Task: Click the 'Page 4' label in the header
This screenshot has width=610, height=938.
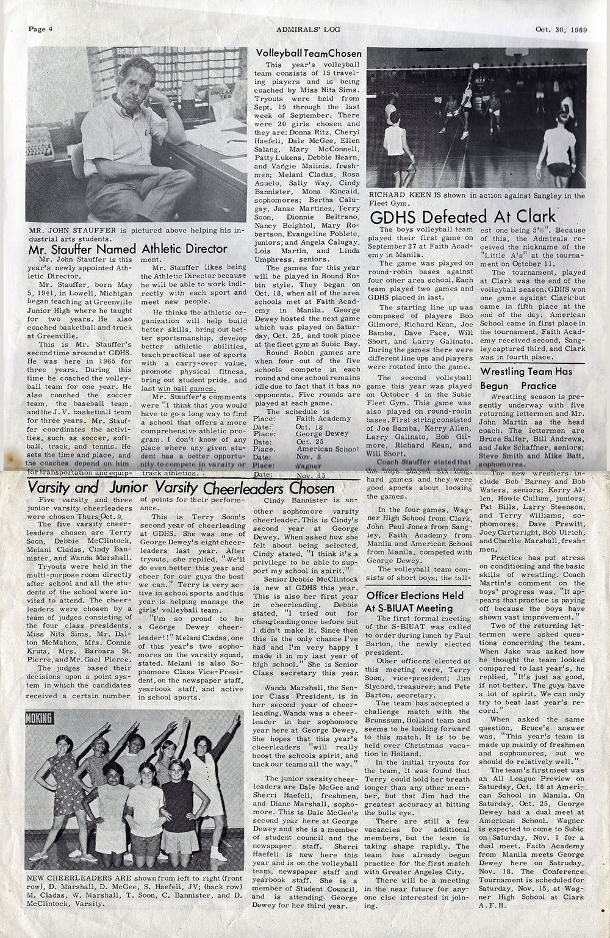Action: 41,28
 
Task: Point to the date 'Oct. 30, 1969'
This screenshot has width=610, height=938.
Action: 561,28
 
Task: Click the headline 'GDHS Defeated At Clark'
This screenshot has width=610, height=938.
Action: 463,216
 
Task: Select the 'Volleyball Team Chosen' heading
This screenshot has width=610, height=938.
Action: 308,53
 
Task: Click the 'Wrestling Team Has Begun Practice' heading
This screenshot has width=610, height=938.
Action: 534,378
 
